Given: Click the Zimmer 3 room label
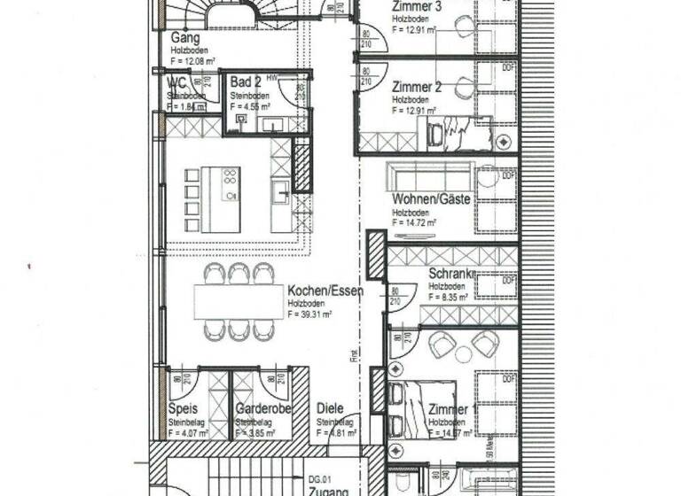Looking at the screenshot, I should (x=419, y=11).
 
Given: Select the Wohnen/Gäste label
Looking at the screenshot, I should (x=430, y=198).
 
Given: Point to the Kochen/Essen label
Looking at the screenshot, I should (x=325, y=290).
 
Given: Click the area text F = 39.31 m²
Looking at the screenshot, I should (x=309, y=314).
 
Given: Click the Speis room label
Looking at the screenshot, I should (x=183, y=410).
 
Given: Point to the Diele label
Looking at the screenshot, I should (x=331, y=410).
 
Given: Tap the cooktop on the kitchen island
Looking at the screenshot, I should (x=231, y=183).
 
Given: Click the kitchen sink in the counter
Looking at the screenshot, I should (x=280, y=191).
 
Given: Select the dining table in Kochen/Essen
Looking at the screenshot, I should (x=238, y=302).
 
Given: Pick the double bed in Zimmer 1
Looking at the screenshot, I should (x=422, y=408).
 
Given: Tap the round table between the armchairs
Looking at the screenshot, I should (x=464, y=354).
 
